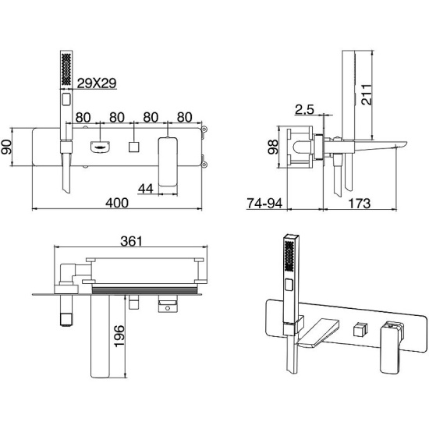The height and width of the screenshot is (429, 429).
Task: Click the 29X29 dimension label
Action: pyautogui.click(x=97, y=83)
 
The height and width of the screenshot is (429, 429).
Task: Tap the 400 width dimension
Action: pyautogui.click(x=117, y=203)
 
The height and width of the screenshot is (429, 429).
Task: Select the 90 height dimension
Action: pyautogui.click(x=6, y=147)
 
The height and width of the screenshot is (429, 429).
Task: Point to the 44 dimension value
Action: pyautogui.click(x=146, y=189)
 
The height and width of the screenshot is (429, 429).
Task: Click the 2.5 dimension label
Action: pyautogui.click(x=304, y=109)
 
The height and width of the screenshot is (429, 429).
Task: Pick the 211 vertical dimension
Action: pyautogui.click(x=367, y=94)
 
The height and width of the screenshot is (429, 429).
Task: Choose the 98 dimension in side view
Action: pyautogui.click(x=273, y=147)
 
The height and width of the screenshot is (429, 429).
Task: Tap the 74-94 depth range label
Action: pyautogui.click(x=264, y=204)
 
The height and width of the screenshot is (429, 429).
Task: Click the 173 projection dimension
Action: pyautogui.click(x=360, y=204)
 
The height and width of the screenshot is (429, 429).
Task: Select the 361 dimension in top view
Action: pyautogui.click(x=131, y=241)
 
